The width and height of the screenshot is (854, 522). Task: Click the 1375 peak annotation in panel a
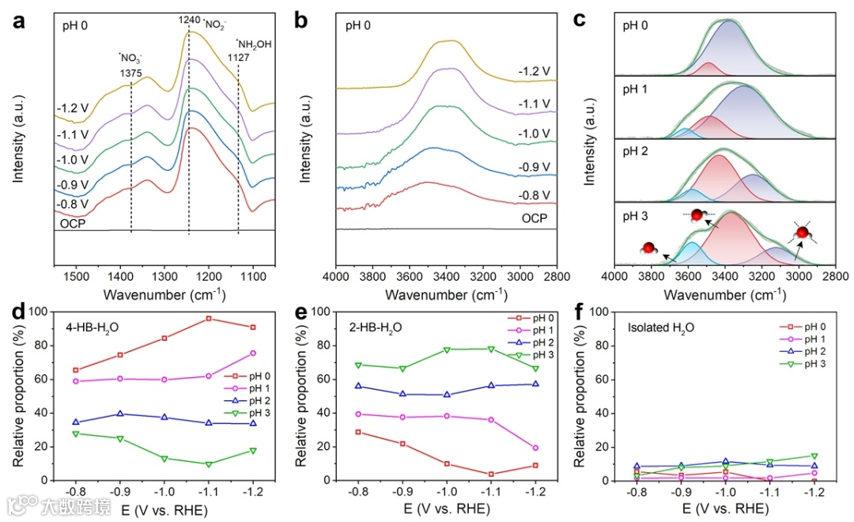pyautogui.click(x=131, y=72)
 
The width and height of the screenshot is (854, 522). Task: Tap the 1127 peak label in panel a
pyautogui.click(x=239, y=57)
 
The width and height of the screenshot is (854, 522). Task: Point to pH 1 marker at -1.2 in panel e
pyautogui.click(x=537, y=448)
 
